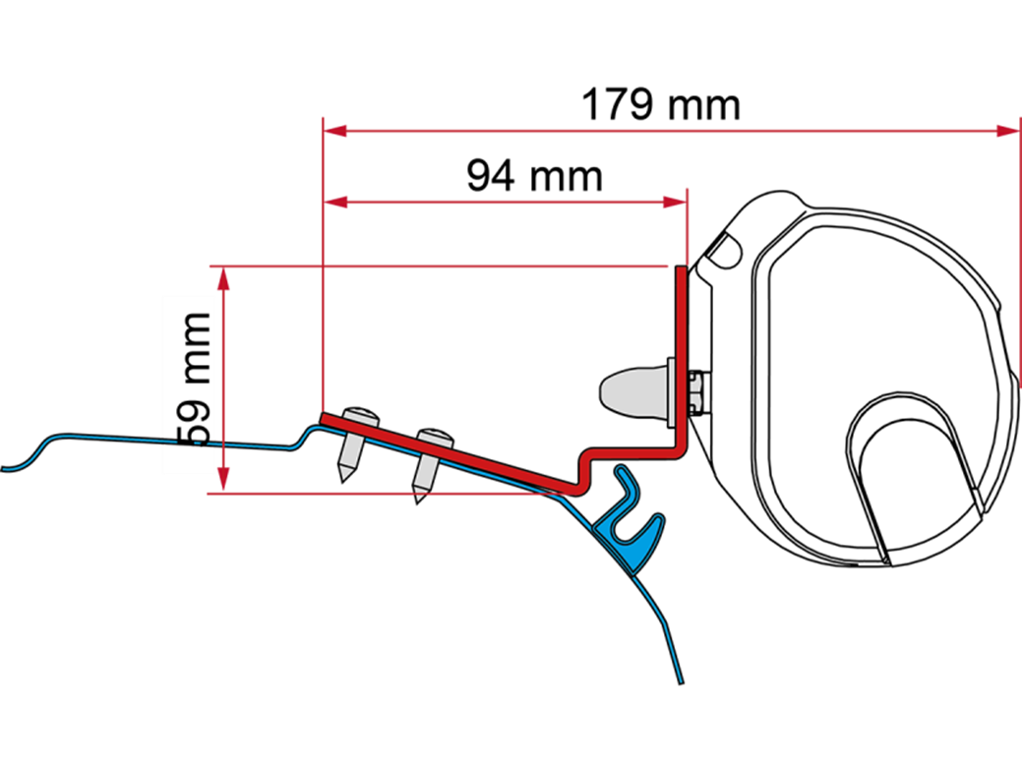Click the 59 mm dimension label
click(x=189, y=383)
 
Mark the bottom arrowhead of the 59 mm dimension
click(x=224, y=481)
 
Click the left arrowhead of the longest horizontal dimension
click(x=336, y=131)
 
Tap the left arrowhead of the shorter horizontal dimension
click(x=336, y=203)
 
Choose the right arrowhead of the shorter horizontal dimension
click(x=674, y=203)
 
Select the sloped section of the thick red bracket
click(x=452, y=451)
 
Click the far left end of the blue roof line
click(x=6, y=469)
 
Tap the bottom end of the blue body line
click(x=680, y=678)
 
